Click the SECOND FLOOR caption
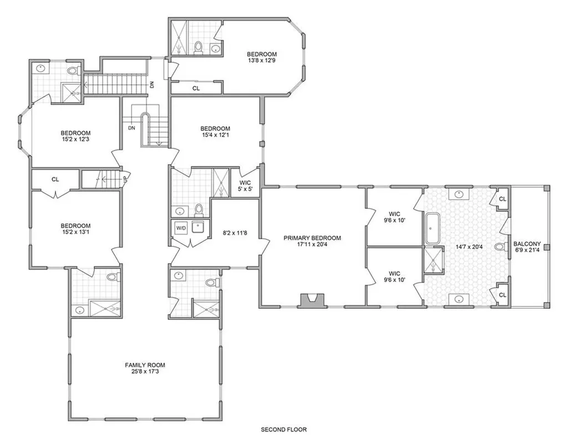(283, 430)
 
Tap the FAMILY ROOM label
(145, 365)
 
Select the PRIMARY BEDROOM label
(312, 238)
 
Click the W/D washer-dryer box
(181, 228)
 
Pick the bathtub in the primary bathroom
(432, 228)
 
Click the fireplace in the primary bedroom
(311, 301)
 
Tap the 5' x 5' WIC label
(245, 189)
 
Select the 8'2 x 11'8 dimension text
(235, 233)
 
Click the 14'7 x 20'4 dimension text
(468, 247)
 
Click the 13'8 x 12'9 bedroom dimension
(262, 61)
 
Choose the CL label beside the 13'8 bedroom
(196, 88)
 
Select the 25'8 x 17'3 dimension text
(145, 371)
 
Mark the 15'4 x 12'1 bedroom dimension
(215, 135)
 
